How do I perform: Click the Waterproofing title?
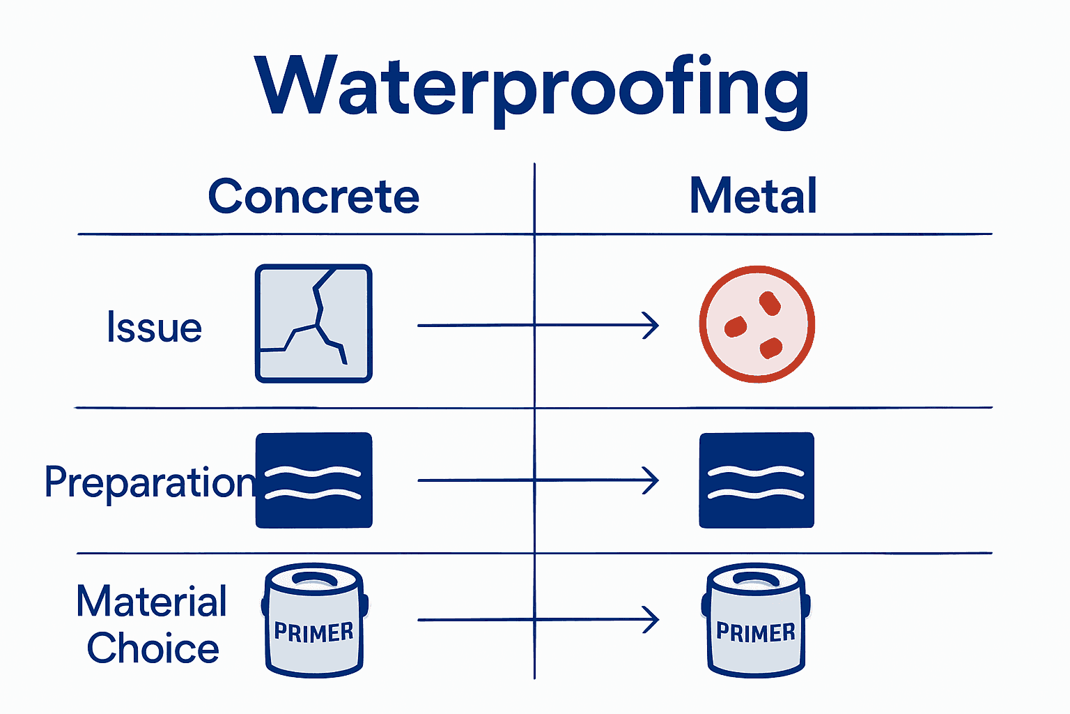(x=532, y=87)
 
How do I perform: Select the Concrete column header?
(x=313, y=196)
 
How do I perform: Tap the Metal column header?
(x=753, y=196)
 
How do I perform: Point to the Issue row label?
(x=154, y=327)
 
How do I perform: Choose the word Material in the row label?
(x=152, y=601)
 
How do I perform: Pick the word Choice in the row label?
(x=153, y=648)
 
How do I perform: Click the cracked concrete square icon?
(x=313, y=324)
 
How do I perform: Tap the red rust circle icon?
(x=757, y=324)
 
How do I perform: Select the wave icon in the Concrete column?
(x=314, y=480)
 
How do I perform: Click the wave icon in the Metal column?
(x=757, y=480)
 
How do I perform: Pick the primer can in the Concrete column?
(x=314, y=620)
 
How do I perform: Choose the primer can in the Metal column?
(x=757, y=620)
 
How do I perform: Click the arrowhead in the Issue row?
(x=651, y=326)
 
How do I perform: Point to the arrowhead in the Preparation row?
(x=651, y=480)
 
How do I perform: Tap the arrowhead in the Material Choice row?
(x=651, y=620)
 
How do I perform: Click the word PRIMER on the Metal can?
(x=756, y=632)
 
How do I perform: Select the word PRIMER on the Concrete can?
(x=314, y=632)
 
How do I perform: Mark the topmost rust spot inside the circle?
(x=770, y=303)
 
